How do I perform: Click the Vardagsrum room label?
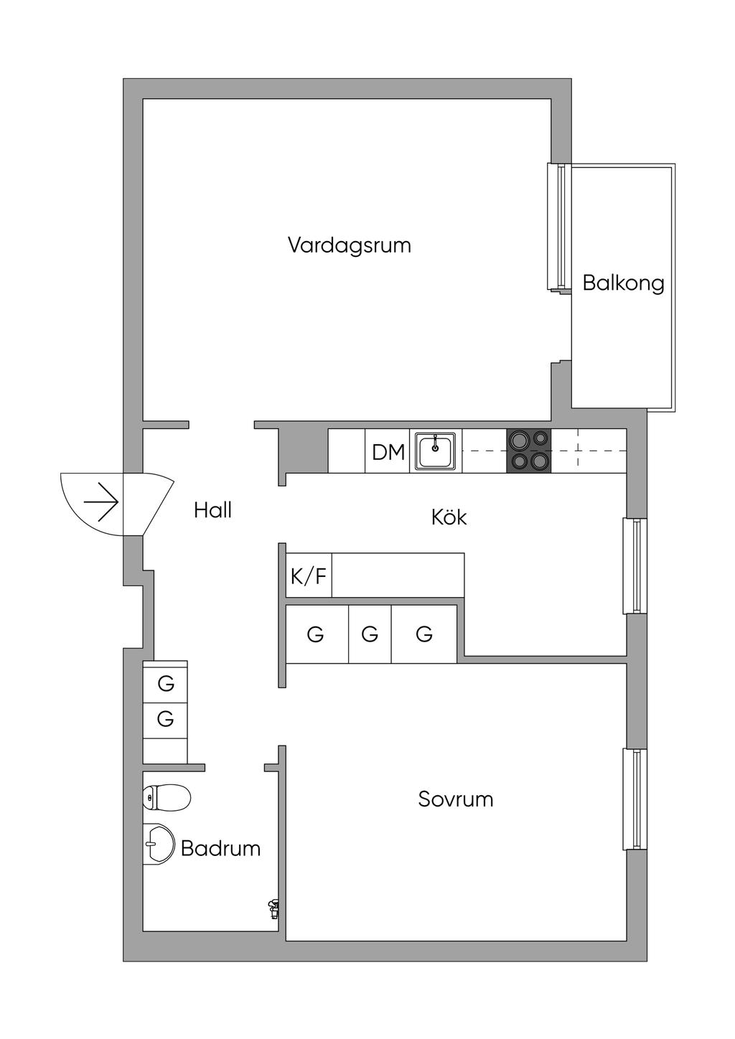pyautogui.click(x=350, y=245)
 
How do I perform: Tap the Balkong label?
pyautogui.click(x=623, y=283)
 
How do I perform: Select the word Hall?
pyautogui.click(x=212, y=511)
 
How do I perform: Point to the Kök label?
pyautogui.click(x=449, y=517)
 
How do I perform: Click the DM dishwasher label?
pyautogui.click(x=388, y=452)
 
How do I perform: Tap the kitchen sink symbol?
pyautogui.click(x=435, y=451)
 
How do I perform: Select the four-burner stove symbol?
pyautogui.click(x=530, y=451)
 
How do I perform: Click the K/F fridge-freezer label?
pyautogui.click(x=309, y=577)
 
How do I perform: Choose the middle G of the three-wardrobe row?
pyautogui.click(x=370, y=634)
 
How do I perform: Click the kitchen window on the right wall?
pyautogui.click(x=635, y=565)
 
